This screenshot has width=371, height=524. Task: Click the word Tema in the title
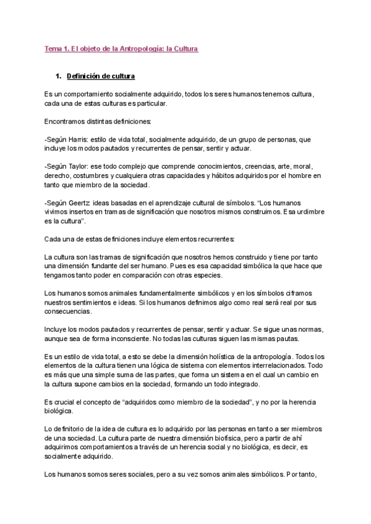(53, 48)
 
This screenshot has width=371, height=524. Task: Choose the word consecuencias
(71, 311)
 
